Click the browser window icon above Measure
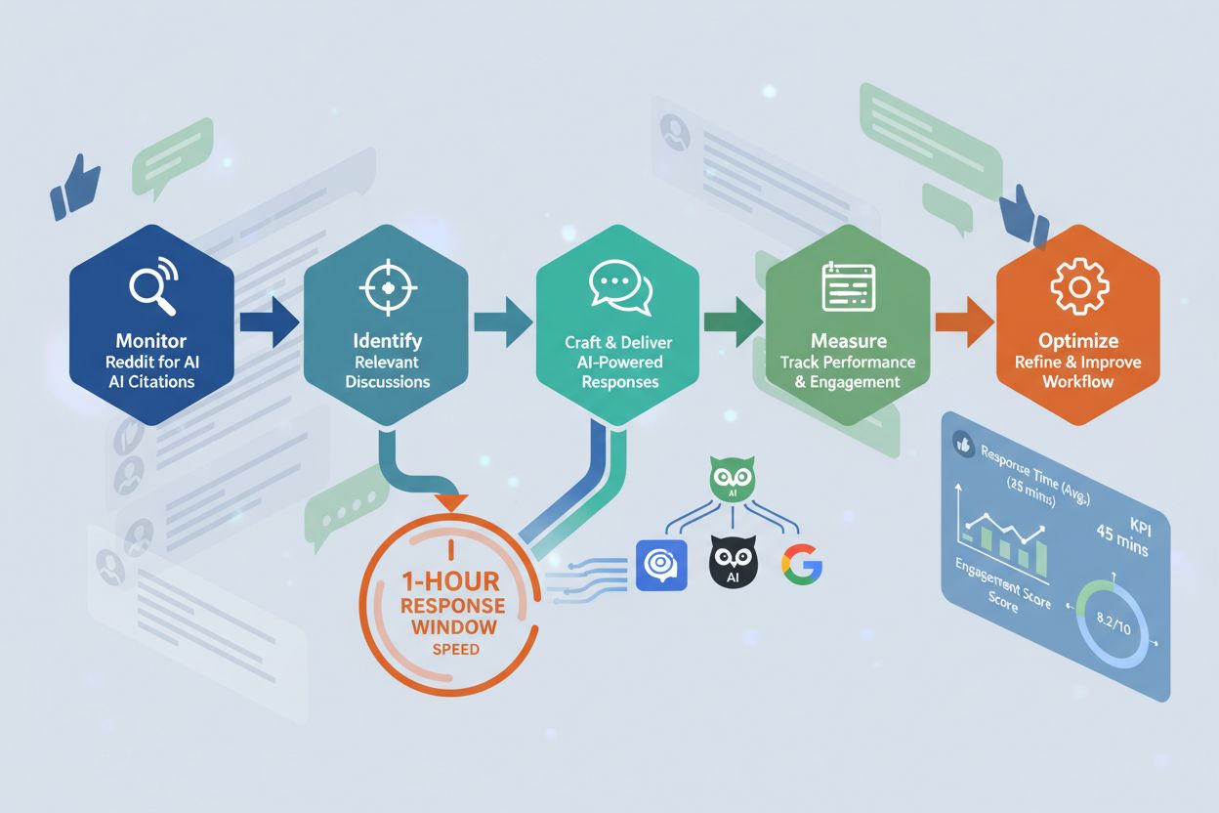click(x=847, y=286)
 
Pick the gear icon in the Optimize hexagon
click(x=1076, y=285)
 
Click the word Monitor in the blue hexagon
click(x=150, y=341)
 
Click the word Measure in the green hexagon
click(x=848, y=341)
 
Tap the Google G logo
click(x=801, y=564)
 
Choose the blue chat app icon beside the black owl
click(x=661, y=564)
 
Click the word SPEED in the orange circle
click(x=455, y=650)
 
